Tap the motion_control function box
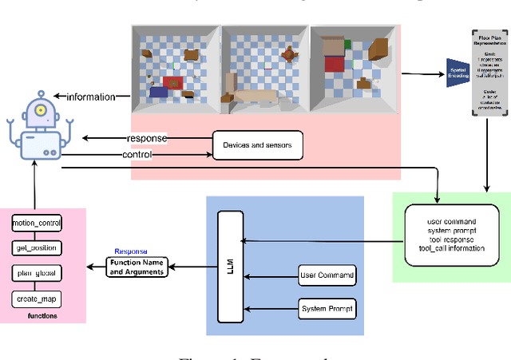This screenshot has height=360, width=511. [38, 223]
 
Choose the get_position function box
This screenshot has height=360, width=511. [38, 247]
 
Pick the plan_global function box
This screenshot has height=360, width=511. [38, 273]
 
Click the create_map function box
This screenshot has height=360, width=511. [38, 299]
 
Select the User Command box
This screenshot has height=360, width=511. [326, 276]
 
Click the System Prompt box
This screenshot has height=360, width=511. [326, 308]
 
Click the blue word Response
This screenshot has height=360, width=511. [131, 251]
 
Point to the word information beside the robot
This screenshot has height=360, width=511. [90, 97]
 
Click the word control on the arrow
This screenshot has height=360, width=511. [137, 154]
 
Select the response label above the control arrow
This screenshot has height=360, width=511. [147, 137]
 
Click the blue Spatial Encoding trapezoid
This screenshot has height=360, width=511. [458, 76]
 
